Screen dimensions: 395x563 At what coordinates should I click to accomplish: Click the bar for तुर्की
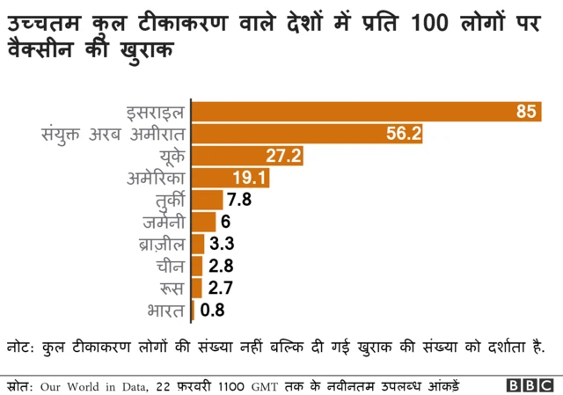(x=207, y=200)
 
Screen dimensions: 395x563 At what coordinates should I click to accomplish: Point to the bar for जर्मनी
(x=203, y=222)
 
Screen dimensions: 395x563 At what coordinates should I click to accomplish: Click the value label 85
(x=526, y=112)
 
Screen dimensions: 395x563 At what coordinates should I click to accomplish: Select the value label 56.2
(x=405, y=134)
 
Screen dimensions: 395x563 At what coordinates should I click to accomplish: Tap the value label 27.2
(x=284, y=156)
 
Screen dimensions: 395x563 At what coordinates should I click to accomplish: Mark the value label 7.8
(x=239, y=200)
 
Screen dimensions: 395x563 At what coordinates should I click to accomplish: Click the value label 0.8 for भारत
(x=213, y=310)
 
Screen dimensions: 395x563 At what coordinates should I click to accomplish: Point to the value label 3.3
(x=221, y=244)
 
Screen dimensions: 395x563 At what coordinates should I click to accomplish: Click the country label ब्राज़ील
(x=163, y=244)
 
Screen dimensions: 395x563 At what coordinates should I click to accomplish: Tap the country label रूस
(x=172, y=288)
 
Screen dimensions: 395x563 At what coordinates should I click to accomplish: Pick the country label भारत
(x=166, y=310)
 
